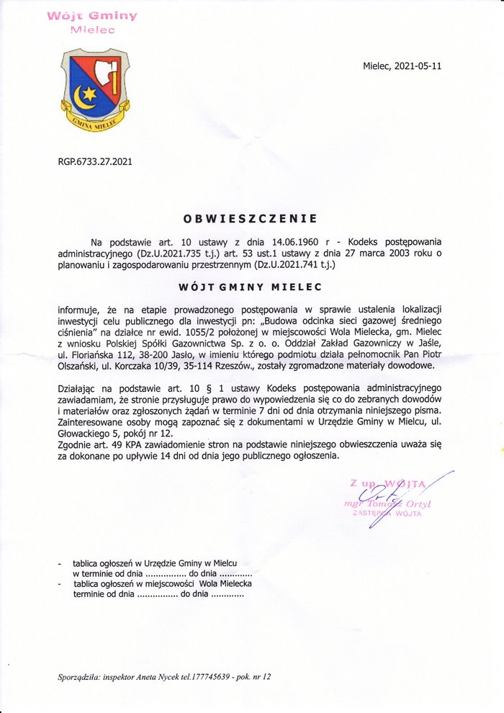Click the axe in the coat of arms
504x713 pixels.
pos(110,79)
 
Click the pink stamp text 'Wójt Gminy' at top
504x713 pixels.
pos(92,15)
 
